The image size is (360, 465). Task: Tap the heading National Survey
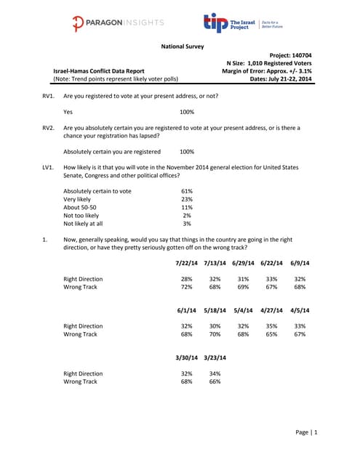[182, 47]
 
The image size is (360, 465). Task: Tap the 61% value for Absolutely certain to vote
[186, 191]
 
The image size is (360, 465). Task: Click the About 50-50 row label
[81, 207]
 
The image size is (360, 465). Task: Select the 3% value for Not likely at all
[187, 224]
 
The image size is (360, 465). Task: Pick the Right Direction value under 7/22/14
[187, 279]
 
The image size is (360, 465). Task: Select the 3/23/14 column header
[215, 357]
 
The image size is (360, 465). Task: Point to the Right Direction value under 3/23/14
[215, 373]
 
